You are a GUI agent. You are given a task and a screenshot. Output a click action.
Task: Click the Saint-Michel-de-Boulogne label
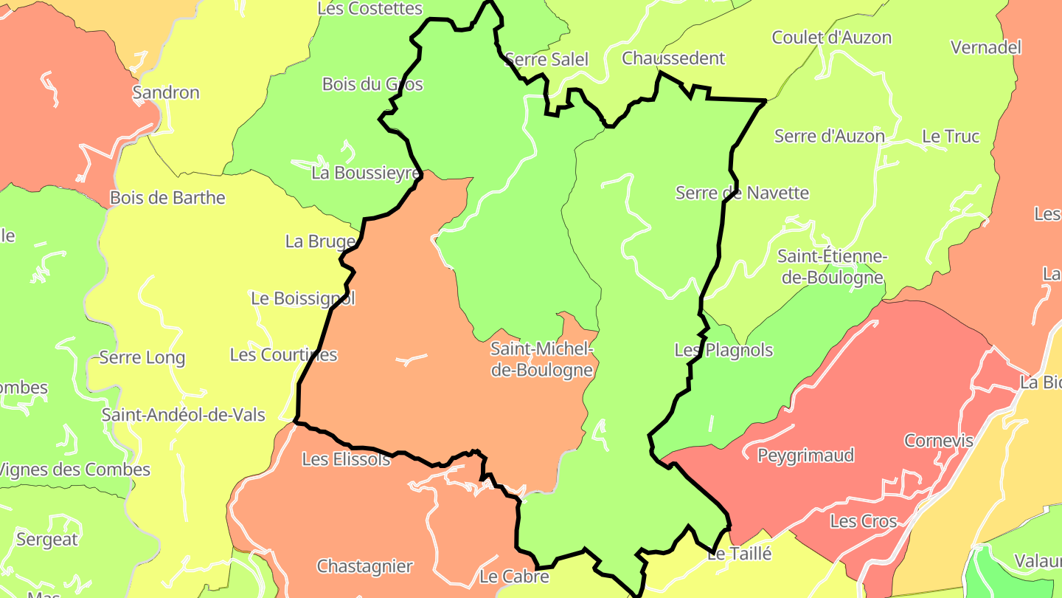point(542,360)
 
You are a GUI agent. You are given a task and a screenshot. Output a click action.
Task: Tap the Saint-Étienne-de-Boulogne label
point(832,267)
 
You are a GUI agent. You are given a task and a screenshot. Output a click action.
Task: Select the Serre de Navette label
point(742,193)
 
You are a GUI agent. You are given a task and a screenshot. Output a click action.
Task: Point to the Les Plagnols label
point(723,350)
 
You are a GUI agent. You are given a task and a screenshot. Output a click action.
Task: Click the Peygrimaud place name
point(805,455)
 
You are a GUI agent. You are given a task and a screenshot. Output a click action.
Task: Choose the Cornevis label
point(939,441)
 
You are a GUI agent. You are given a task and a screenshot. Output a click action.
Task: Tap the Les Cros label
point(863,521)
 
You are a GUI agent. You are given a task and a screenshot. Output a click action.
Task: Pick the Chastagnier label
point(364,567)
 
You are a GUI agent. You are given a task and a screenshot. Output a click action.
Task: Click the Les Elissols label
point(346,459)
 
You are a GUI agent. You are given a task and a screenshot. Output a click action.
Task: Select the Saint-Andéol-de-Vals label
point(184,415)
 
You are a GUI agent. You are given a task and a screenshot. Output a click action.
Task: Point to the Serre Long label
point(142,358)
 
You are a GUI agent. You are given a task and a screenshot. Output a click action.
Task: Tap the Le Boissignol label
point(303,299)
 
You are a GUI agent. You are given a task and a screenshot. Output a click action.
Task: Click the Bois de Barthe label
point(167,198)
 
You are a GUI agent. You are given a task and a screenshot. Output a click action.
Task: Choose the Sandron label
point(166,93)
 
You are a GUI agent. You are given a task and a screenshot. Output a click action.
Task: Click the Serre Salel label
point(547,59)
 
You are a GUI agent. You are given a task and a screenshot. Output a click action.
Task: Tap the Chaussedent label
point(674,58)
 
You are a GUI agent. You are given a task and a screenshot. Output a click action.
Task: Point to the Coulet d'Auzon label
point(831,38)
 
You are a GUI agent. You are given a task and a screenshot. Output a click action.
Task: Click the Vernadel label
point(986,48)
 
